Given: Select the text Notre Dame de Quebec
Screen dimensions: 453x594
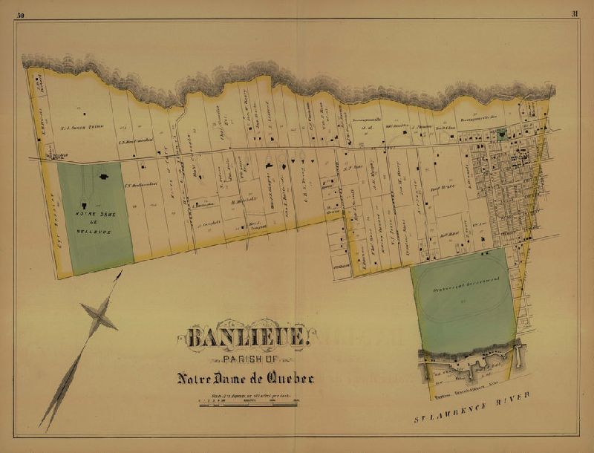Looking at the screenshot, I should click(x=245, y=378).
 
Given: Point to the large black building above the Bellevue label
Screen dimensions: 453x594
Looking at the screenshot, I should click(x=104, y=177).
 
